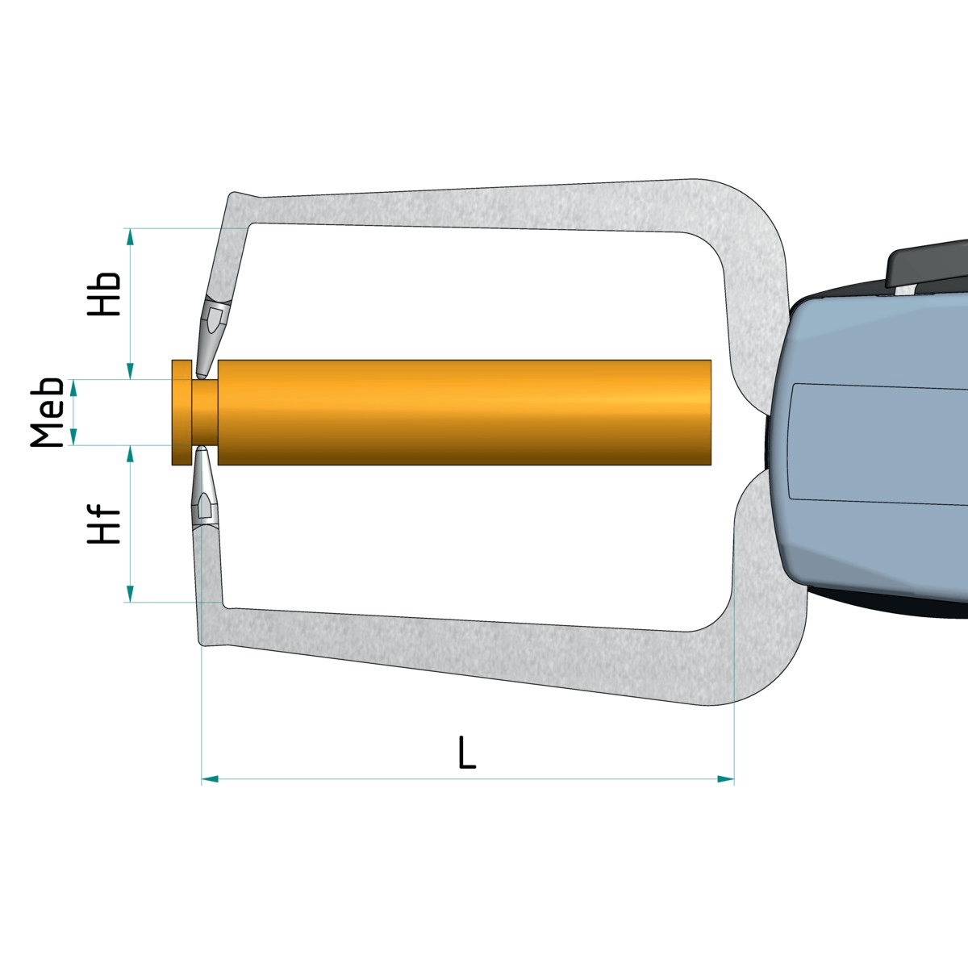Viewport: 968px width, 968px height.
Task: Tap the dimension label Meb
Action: click(x=47, y=412)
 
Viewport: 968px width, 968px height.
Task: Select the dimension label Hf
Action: click(x=104, y=524)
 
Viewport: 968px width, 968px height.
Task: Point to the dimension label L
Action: click(x=467, y=752)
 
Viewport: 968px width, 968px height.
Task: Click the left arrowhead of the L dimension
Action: click(x=210, y=779)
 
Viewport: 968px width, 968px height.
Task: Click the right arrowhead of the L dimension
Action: click(x=725, y=779)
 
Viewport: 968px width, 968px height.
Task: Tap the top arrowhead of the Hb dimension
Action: click(x=130, y=237)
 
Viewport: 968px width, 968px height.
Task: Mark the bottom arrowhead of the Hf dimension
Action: click(x=130, y=593)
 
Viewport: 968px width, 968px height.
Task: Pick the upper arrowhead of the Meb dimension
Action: click(x=73, y=387)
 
